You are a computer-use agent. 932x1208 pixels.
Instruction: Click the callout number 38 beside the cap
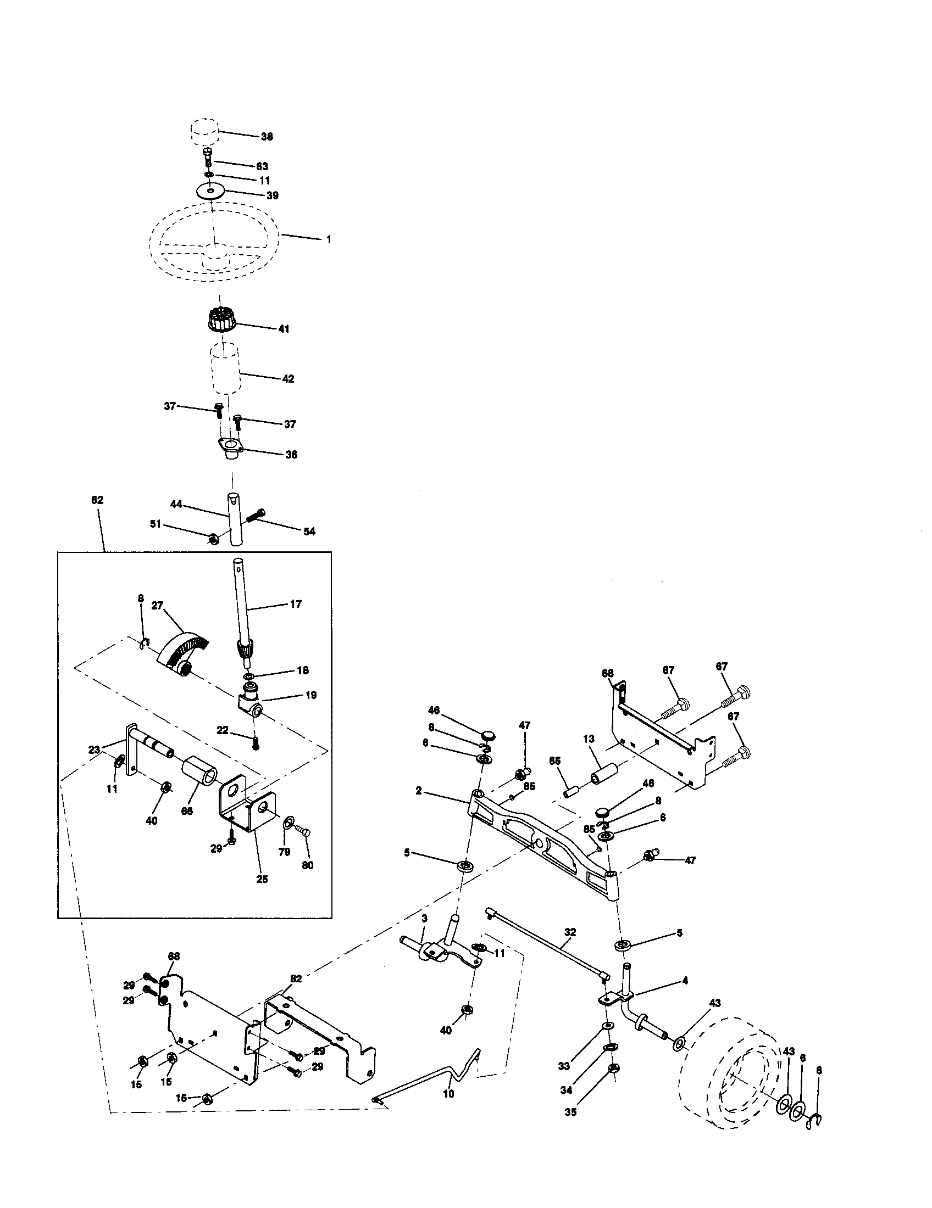point(267,137)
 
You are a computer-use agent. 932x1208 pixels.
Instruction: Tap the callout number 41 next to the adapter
point(284,328)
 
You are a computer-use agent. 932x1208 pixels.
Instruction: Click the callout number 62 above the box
point(97,500)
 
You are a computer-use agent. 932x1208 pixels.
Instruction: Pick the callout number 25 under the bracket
point(262,879)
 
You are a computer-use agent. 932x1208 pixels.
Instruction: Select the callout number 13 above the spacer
point(589,739)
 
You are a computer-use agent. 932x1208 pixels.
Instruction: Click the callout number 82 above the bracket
point(296,978)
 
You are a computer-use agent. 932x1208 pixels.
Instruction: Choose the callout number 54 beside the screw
point(309,532)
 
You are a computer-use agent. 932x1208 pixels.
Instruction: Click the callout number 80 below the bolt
point(307,865)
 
